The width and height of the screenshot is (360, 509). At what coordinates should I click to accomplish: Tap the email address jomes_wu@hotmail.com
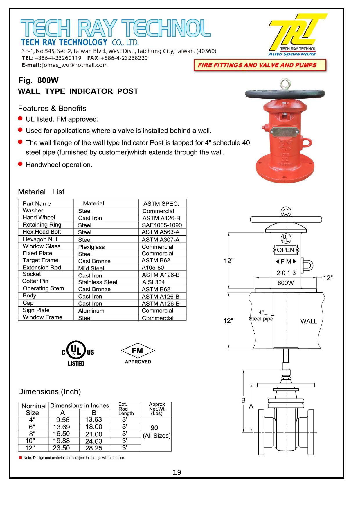pyautogui.click(x=75, y=65)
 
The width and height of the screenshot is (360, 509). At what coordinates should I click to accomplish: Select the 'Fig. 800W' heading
pyautogui.click(x=39, y=80)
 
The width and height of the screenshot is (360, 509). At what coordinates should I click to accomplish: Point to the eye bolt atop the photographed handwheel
pyautogui.click(x=284, y=84)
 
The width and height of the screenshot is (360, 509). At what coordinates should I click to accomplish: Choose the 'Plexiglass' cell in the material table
pyautogui.click(x=91, y=247)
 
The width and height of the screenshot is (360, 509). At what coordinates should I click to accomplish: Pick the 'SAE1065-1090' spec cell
pyautogui.click(x=162, y=225)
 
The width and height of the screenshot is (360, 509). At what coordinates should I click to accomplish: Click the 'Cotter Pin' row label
pyautogui.click(x=35, y=281)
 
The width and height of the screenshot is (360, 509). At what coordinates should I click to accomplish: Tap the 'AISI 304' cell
pyautogui.click(x=153, y=282)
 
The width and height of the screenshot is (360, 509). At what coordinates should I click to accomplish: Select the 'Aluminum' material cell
pyautogui.click(x=91, y=311)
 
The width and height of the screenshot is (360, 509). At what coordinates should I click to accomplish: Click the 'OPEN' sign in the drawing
pyautogui.click(x=286, y=250)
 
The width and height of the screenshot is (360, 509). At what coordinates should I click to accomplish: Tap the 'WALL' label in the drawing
pyautogui.click(x=309, y=321)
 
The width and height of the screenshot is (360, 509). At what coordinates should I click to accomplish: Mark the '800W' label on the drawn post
pyautogui.click(x=285, y=283)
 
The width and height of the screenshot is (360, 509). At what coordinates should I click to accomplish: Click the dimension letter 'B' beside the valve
pyautogui.click(x=244, y=400)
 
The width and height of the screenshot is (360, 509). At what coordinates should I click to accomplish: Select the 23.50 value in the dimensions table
pyautogui.click(x=61, y=448)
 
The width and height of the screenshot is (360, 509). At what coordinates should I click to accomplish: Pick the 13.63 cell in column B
pyautogui.click(x=93, y=420)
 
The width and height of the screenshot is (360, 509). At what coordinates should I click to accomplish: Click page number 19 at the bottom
pyautogui.click(x=177, y=473)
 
